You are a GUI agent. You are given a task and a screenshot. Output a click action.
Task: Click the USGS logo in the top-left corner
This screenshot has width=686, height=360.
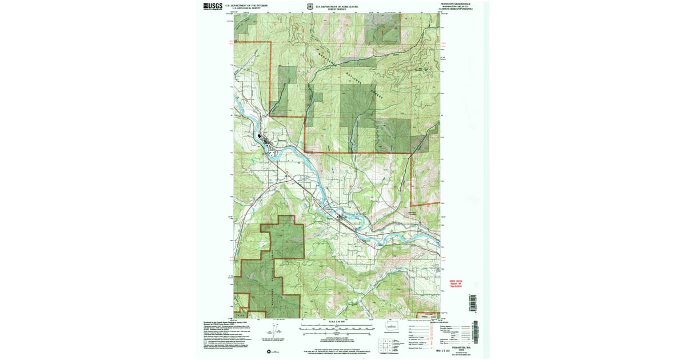click(212, 6)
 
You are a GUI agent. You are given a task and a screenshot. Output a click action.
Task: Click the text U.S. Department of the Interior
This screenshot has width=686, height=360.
click(246, 5)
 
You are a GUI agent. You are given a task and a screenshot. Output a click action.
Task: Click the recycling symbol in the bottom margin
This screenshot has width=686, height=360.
click(274, 351)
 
